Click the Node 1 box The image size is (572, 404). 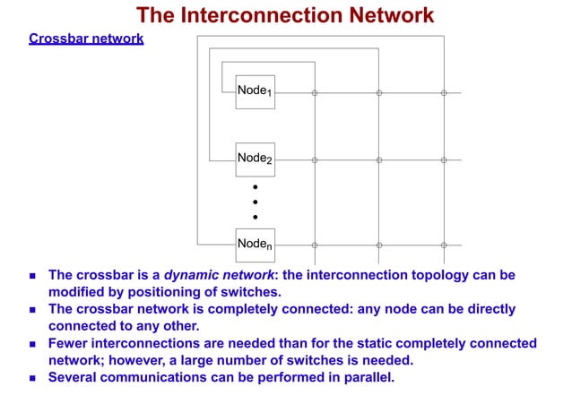(x=255, y=91)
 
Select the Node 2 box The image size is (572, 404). (x=255, y=159)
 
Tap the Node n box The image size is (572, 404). (x=255, y=244)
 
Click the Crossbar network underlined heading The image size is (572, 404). (x=86, y=39)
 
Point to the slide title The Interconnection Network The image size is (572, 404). (x=285, y=14)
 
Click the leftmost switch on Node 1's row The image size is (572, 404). (x=315, y=92)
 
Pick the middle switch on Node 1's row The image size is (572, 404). (x=379, y=92)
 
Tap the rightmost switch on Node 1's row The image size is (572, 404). (x=444, y=92)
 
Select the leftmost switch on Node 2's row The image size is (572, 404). (x=315, y=160)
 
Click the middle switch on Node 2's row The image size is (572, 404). (x=379, y=160)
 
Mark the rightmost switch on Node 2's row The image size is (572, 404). (x=444, y=160)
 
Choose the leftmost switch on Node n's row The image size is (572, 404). (x=315, y=245)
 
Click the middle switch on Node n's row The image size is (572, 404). (x=379, y=245)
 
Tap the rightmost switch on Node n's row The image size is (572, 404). (x=444, y=245)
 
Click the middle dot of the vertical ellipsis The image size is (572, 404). (x=255, y=202)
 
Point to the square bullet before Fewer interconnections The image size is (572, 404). (x=33, y=344)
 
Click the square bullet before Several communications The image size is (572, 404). (x=33, y=378)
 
